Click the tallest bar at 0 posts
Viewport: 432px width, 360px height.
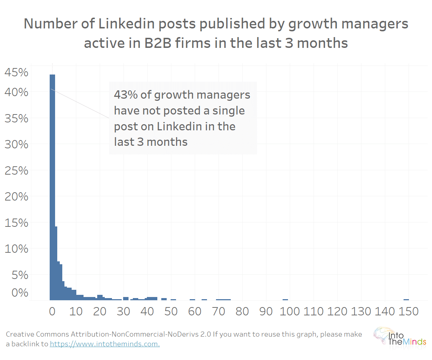(x=52, y=187)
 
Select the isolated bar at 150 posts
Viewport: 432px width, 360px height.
(x=406, y=299)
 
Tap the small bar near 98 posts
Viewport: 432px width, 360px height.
(x=285, y=299)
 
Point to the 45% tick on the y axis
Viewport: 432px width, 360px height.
(x=16, y=73)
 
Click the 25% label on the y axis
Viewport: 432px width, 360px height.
(x=16, y=171)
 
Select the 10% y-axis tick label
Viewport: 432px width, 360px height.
(x=16, y=249)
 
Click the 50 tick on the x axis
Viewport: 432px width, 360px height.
(x=171, y=311)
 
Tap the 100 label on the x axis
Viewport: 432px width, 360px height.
(x=290, y=311)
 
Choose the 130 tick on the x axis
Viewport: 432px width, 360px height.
(x=361, y=311)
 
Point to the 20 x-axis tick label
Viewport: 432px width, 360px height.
(x=100, y=311)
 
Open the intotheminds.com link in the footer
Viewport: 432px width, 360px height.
(x=105, y=344)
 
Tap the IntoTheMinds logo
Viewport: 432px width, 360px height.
(x=400, y=337)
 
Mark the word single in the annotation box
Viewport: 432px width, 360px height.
(x=228, y=111)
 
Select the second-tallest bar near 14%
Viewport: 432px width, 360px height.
(x=56, y=263)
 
